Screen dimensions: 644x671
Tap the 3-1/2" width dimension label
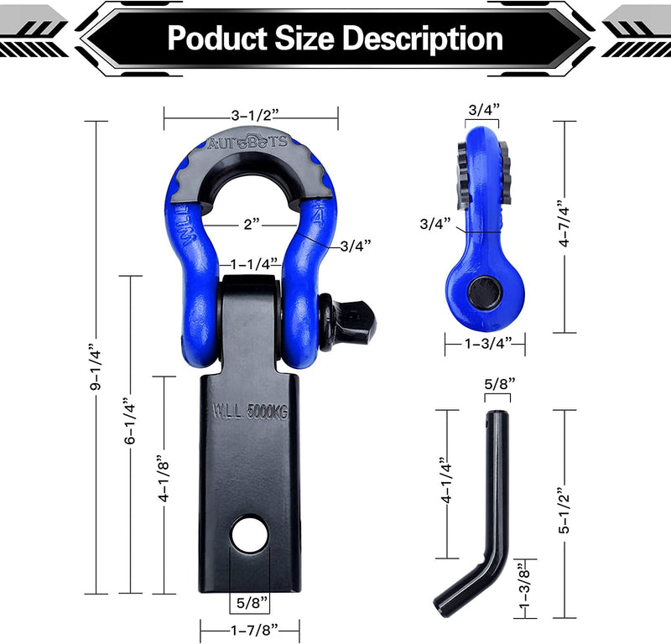coord(251,111)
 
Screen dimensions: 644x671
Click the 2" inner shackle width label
coord(249,225)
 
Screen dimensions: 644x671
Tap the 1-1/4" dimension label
coord(249,263)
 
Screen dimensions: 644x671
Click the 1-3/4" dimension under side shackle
coord(484,342)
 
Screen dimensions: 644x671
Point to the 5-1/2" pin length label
coord(565,512)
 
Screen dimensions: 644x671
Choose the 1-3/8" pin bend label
coord(526,586)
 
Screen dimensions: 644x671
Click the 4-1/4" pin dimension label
coord(447,484)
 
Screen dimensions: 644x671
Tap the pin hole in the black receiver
coord(249,537)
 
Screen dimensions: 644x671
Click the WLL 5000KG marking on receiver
coord(249,412)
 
